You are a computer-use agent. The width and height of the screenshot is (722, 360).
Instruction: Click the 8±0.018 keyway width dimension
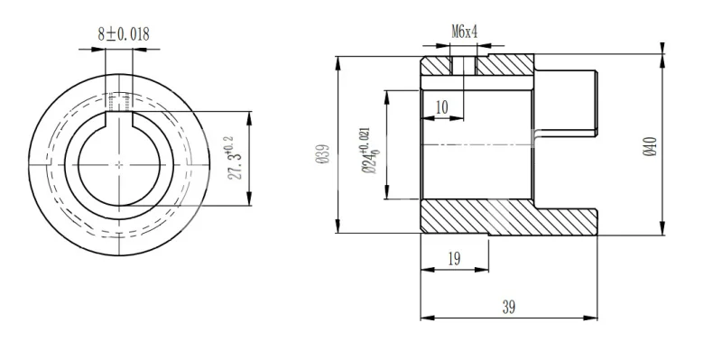click(124, 34)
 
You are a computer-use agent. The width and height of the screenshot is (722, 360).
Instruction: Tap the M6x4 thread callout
click(464, 32)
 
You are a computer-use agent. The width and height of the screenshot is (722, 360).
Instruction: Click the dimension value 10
click(441, 107)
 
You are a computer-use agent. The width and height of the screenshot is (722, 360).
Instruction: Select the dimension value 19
click(454, 259)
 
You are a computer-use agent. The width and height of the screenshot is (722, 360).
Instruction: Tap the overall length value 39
click(508, 307)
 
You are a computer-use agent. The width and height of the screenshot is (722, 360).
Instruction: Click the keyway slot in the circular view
click(119, 119)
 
